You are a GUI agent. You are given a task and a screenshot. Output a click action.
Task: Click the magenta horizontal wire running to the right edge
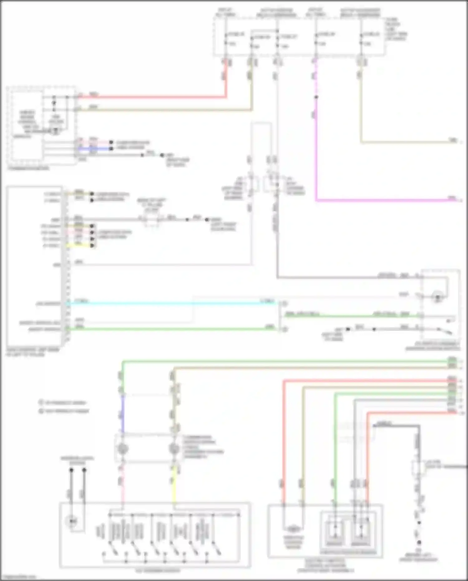(x=384, y=200)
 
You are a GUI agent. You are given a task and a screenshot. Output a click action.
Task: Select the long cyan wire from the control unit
(x=172, y=303)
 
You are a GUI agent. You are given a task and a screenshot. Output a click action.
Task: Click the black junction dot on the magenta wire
(x=316, y=97)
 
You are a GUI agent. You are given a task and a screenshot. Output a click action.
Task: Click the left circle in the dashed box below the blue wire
(x=123, y=449)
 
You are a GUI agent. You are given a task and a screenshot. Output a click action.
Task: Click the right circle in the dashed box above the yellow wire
(x=174, y=449)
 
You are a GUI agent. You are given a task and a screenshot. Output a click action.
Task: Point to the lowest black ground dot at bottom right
(x=419, y=543)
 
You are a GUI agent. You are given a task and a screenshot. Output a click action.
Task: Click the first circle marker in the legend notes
(x=41, y=402)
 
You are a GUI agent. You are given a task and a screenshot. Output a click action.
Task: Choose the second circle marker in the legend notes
(x=41, y=411)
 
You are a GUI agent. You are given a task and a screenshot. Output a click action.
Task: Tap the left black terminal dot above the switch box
(x=71, y=470)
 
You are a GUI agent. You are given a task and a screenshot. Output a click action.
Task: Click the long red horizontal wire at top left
(x=150, y=97)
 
